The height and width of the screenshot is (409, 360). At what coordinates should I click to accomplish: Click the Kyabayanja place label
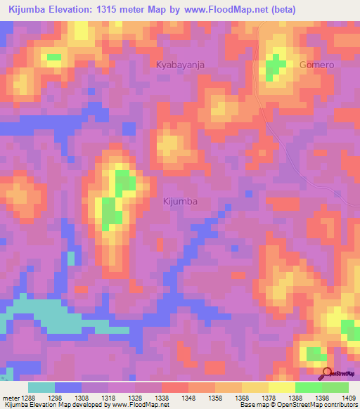tap(179, 65)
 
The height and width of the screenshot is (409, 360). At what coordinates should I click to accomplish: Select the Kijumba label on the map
tap(180, 201)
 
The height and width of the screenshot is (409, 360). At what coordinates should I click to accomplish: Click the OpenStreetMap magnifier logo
tap(328, 374)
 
